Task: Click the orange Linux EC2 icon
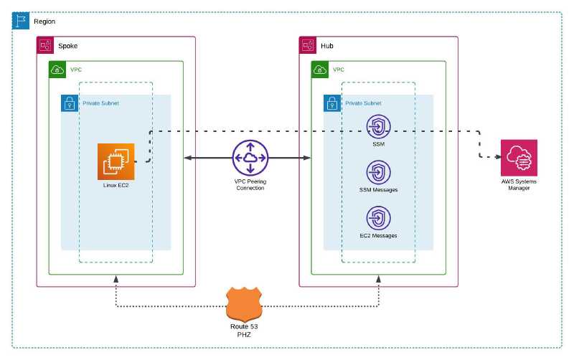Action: coord(116,161)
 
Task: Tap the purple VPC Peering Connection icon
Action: coord(250,157)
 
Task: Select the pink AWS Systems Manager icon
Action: coord(519,157)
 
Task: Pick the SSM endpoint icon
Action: coord(378,127)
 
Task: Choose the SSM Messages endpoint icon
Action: coord(378,172)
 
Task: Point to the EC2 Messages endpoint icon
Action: coord(378,218)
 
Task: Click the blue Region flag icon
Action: coord(21,20)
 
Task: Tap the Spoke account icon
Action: coord(45,45)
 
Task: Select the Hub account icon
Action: coord(308,45)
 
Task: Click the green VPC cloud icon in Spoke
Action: coord(57,70)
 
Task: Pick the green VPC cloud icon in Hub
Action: coord(320,70)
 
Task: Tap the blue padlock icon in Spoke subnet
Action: coord(70,103)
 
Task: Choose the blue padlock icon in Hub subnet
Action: coord(332,103)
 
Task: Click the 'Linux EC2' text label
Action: coord(116,185)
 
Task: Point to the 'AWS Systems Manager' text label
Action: coord(519,185)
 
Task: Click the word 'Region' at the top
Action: coord(44,21)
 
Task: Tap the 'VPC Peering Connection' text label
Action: coord(250,184)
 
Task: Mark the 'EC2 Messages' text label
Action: coord(378,235)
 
